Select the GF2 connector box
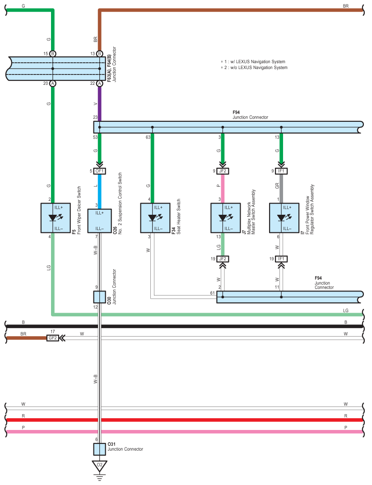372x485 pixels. pyautogui.click(x=53, y=338)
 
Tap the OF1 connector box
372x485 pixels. pyautogui.click(x=100, y=171)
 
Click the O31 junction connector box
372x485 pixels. pyautogui.click(x=100, y=449)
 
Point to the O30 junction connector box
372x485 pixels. pyautogui.click(x=100, y=297)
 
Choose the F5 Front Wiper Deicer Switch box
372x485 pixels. pyautogui.click(x=56, y=218)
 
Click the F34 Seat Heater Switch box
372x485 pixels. pyautogui.click(x=155, y=218)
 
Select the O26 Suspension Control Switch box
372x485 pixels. pyautogui.click(x=100, y=221)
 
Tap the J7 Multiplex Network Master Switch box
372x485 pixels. pyautogui.click(x=226, y=218)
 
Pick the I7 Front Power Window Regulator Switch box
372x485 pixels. pyautogui.click(x=284, y=218)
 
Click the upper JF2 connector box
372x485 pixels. pyautogui.click(x=223, y=171)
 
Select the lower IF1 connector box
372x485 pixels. pyautogui.click(x=281, y=259)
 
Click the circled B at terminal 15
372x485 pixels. pyautogui.click(x=53, y=54)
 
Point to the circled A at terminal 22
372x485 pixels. pyautogui.click(x=100, y=83)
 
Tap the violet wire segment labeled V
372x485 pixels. pyautogui.click(x=100, y=104)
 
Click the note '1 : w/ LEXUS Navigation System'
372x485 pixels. pyautogui.click(x=253, y=61)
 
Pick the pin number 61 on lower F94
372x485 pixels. pyautogui.click(x=212, y=293)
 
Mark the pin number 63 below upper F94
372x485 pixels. pyautogui.click(x=148, y=137)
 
